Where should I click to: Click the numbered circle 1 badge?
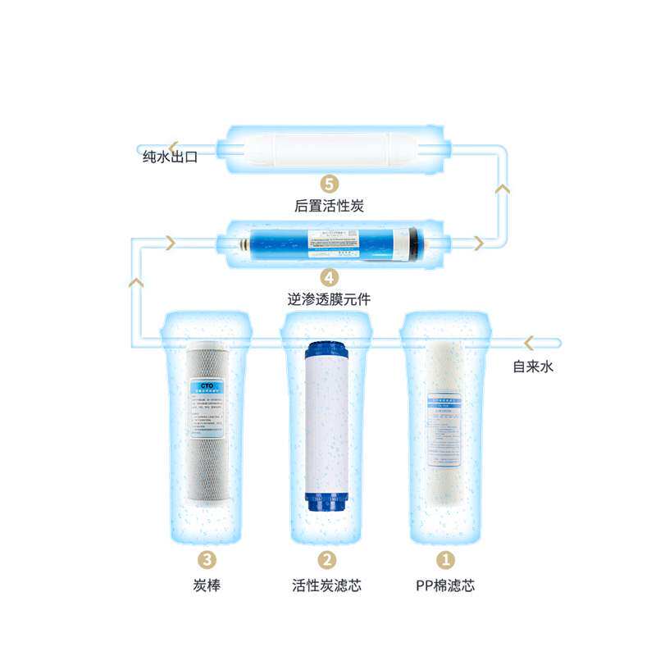(446, 560)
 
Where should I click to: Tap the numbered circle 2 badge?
(326, 560)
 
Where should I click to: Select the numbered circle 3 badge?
(207, 560)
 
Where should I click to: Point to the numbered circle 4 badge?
(328, 277)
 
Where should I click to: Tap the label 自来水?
(534, 367)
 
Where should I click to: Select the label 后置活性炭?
(328, 206)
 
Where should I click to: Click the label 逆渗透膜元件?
(328, 300)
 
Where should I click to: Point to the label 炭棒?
(207, 585)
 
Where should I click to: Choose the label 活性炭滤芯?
(326, 585)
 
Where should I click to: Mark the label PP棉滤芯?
(445, 585)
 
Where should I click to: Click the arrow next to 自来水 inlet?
(530, 341)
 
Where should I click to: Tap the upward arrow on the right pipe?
(503, 189)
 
